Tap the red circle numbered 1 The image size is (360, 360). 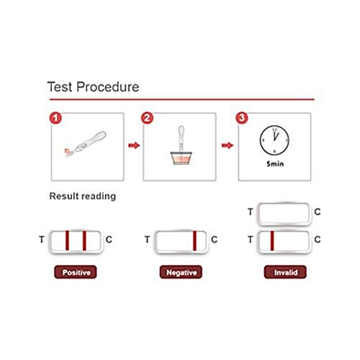[53, 117]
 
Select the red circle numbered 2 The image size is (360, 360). [148, 117]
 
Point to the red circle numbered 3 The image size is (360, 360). [243, 117]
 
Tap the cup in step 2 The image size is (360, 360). [181, 158]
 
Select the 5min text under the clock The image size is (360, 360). [274, 163]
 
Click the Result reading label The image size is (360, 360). [82, 196]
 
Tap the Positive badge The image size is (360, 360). [76, 273]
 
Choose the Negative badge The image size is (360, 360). [180, 273]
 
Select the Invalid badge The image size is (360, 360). [282, 273]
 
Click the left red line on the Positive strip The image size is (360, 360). [67, 239]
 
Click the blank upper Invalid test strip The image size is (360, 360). [284, 212]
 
